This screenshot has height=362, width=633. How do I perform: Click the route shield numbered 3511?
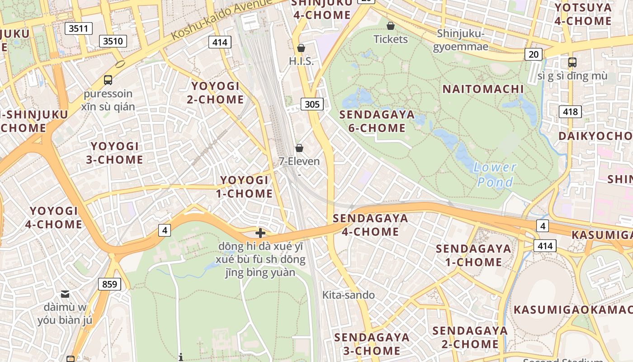(79, 29)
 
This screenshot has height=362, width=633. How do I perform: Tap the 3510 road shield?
(113, 42)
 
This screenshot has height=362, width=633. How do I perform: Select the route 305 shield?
(312, 105)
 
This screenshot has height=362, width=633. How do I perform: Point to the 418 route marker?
(570, 111)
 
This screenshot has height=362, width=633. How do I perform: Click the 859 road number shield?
(109, 285)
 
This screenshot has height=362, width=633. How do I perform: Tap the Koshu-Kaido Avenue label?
(222, 19)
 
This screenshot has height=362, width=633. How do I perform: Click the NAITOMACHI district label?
(483, 89)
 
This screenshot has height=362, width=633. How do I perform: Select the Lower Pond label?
(495, 175)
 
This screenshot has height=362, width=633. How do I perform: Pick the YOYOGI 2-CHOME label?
(215, 93)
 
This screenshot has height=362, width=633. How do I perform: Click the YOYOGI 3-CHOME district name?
(115, 153)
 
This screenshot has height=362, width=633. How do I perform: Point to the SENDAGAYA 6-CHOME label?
(377, 121)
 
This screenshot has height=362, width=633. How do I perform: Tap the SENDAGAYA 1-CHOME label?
(473, 255)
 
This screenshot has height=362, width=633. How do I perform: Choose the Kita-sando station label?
(348, 295)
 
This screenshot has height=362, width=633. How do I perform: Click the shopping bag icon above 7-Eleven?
(299, 148)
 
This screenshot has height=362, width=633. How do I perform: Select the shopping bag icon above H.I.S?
(301, 48)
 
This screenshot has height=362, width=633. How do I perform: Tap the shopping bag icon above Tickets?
(391, 26)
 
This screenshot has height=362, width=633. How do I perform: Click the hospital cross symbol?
(260, 233)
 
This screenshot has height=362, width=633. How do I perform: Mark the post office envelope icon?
(65, 294)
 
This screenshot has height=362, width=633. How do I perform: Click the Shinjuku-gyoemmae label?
(461, 40)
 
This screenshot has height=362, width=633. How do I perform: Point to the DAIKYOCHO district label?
(595, 136)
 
